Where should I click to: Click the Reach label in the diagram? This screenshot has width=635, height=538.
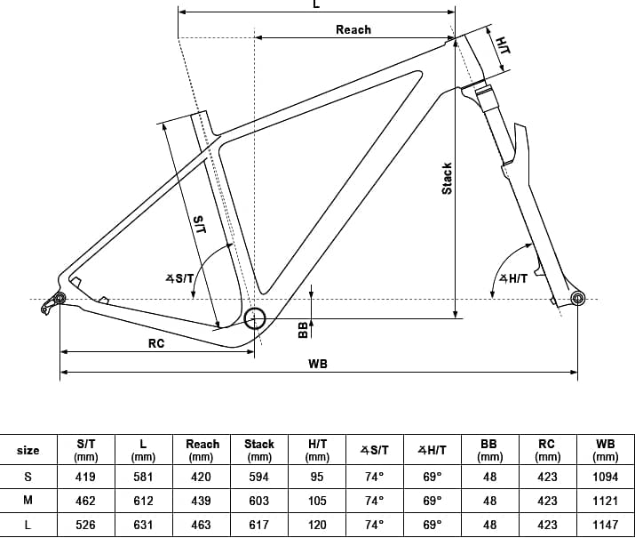(x=353, y=29)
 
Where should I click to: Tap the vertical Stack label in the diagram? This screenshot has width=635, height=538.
(x=447, y=179)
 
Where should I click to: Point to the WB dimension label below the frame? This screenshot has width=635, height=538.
(x=318, y=364)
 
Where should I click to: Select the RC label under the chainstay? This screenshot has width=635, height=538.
(x=156, y=343)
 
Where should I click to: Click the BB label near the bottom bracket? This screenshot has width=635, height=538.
(x=303, y=330)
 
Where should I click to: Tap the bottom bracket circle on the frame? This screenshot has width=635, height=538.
(x=254, y=318)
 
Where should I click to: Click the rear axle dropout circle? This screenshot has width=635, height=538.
(x=60, y=299)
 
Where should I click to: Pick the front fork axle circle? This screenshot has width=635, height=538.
(x=577, y=299)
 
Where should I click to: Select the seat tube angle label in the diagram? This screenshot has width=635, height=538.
(x=179, y=278)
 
